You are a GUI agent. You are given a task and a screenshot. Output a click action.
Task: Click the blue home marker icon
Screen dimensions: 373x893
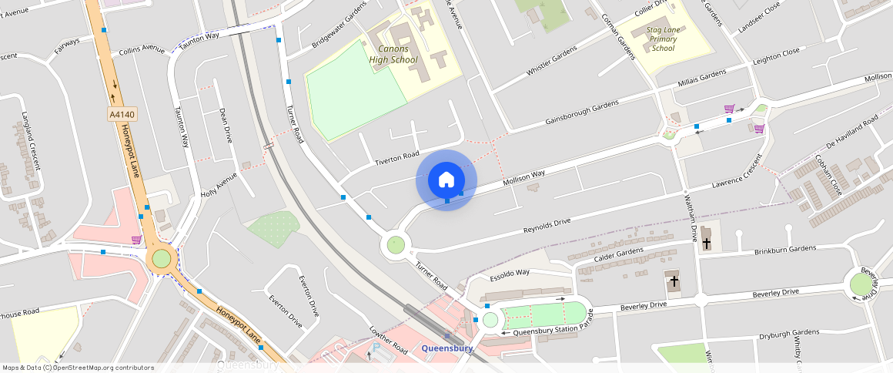pyautogui.click(x=446, y=180)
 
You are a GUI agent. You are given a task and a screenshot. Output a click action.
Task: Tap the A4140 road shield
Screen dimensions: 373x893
pyautogui.click(x=122, y=115)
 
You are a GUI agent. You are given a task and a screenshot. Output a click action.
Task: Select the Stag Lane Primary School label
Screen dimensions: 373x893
pyautogui.click(x=662, y=39)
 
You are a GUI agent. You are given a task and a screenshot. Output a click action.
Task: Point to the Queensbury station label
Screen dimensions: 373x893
pyautogui.click(x=446, y=348)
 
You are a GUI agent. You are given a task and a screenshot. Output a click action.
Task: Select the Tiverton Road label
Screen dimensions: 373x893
pyautogui.click(x=396, y=158)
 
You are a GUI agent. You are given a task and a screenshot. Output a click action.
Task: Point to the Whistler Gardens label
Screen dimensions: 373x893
pyautogui.click(x=551, y=61)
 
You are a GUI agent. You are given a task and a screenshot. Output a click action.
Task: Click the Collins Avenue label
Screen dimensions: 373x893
pyautogui.click(x=142, y=50)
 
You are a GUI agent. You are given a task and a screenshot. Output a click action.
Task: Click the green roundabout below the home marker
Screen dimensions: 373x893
pyautogui.click(x=396, y=245)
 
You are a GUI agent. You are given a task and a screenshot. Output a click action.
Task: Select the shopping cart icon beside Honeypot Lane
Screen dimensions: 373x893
pyautogui.click(x=136, y=240)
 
